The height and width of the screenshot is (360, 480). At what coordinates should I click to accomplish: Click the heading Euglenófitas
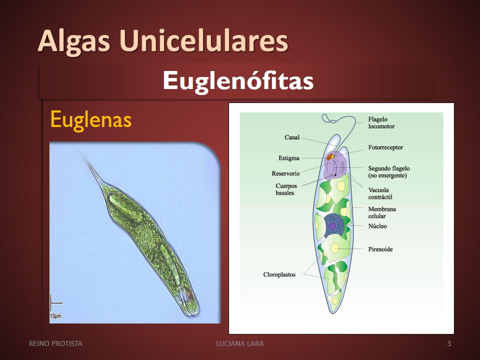coord(238,80)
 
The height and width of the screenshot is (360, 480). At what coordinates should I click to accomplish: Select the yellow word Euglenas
coord(91,119)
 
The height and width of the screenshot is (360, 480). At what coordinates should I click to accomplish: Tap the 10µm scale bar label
coord(55,315)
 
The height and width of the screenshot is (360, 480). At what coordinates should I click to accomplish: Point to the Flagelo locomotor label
coord(381,123)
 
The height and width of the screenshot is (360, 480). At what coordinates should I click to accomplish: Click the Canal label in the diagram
coord(292,137)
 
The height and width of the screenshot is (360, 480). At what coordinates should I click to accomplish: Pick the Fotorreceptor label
coord(385,147)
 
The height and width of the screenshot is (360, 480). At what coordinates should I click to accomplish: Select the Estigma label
coord(288,158)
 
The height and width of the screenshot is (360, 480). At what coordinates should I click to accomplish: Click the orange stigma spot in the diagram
coord(330,157)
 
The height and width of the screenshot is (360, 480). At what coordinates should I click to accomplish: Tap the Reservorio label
coord(285,173)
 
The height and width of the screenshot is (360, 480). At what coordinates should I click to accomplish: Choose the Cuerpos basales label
coord(286,189)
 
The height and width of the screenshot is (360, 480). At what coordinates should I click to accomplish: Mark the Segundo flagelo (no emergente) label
coord(389,171)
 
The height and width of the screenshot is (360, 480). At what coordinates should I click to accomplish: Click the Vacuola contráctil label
coord(380,193)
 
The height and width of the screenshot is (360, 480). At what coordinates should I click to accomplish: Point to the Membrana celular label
coord(381,212)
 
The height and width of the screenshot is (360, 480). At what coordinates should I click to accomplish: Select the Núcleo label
coord(377,226)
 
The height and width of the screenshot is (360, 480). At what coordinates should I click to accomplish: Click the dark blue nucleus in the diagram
coord(333,225)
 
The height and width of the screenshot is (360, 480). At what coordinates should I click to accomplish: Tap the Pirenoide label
coord(380,249)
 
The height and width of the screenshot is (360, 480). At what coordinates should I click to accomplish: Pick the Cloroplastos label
coord(279,274)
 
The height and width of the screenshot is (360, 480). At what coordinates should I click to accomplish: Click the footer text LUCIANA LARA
coord(240,343)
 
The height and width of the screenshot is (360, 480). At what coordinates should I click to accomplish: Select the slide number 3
coord(449,343)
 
